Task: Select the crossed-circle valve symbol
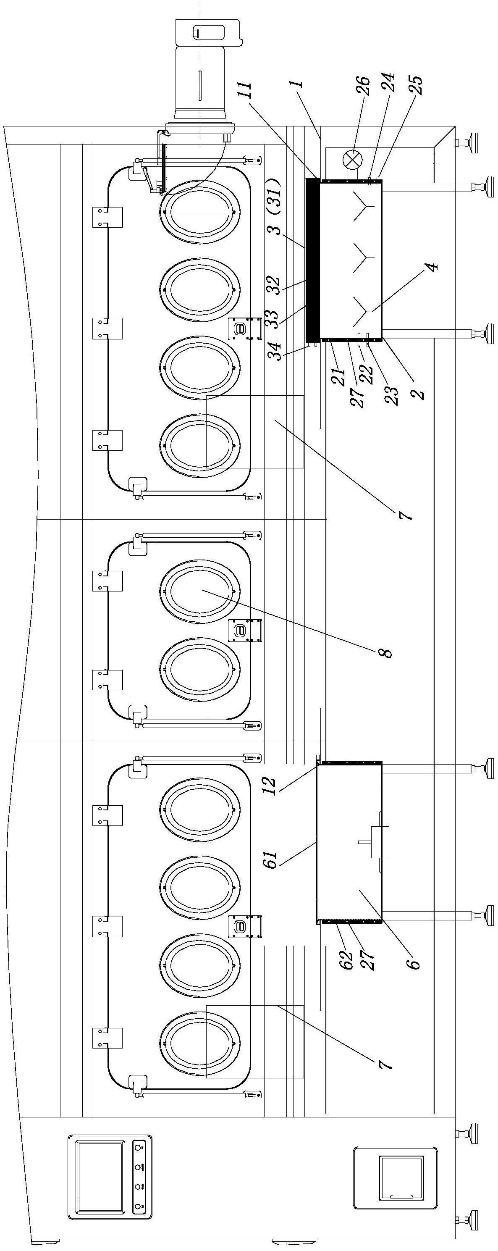(351, 160)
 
